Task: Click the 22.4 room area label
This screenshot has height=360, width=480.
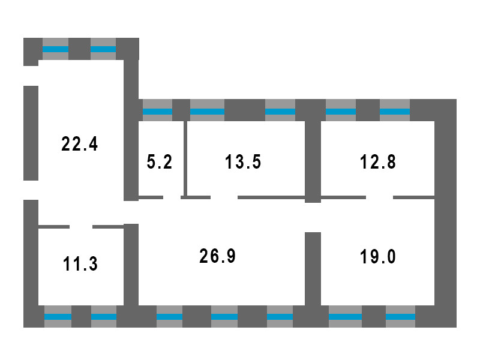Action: tap(79, 144)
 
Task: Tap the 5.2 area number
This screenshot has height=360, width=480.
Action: tap(159, 162)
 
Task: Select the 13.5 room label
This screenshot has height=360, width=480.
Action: tap(243, 162)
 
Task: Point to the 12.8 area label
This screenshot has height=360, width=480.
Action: tap(379, 162)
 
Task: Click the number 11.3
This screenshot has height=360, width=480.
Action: tap(80, 263)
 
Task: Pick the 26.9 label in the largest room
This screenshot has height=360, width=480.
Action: tap(217, 256)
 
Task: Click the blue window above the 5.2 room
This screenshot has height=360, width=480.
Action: tap(157, 111)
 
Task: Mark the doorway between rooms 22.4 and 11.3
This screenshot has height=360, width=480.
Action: tap(81, 227)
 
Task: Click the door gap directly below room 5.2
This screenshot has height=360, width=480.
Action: tap(172, 197)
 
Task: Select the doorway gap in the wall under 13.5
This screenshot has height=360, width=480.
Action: tap(224, 197)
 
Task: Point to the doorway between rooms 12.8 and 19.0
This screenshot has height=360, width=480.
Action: tap(379, 197)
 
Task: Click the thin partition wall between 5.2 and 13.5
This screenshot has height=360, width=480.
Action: tap(185, 158)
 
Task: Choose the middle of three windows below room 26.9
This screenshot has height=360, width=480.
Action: tap(224, 316)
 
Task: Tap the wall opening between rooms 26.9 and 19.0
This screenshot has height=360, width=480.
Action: tap(312, 217)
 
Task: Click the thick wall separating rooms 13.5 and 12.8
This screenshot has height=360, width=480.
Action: tap(312, 158)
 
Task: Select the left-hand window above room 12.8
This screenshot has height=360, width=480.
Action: tap(341, 111)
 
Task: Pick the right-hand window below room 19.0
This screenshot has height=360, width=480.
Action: tap(400, 316)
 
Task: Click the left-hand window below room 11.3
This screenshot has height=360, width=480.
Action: tap(58, 316)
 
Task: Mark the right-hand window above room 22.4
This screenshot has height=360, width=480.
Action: tap(103, 49)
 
